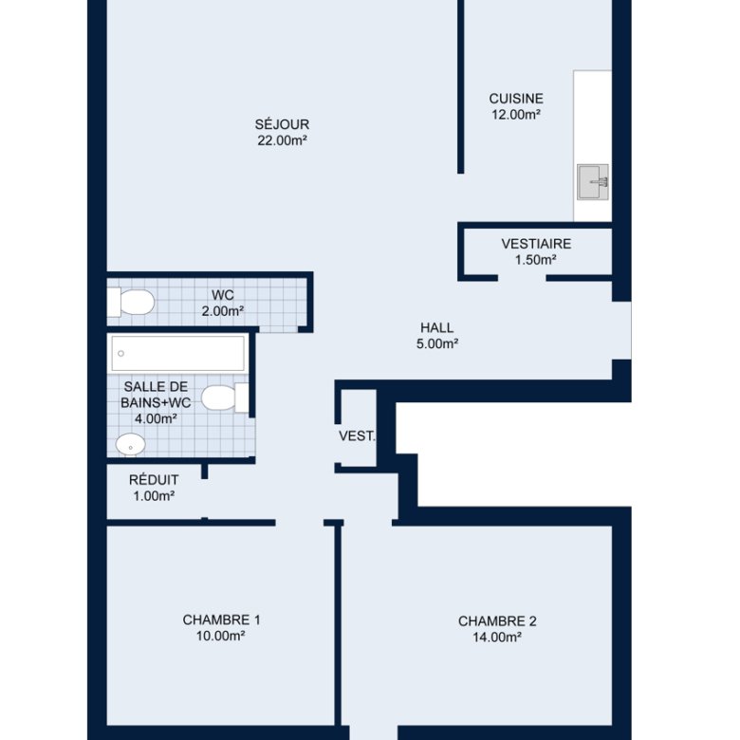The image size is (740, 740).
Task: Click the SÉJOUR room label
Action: tap(282, 124)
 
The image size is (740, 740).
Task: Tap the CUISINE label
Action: tap(516, 99)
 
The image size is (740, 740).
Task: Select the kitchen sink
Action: tap(593, 182)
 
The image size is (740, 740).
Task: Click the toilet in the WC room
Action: tap(131, 302)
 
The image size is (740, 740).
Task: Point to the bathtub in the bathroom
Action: tap(178, 354)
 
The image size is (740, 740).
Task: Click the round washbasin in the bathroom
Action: tap(131, 445)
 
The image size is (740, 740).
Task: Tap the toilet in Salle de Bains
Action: tap(225, 398)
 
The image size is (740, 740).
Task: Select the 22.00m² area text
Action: tap(282, 140)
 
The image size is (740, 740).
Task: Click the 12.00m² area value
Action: tap(516, 115)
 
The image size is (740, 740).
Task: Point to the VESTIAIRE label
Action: tap(536, 244)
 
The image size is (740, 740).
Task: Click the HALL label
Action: tap(437, 327)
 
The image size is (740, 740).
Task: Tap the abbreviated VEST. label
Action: tap(358, 436)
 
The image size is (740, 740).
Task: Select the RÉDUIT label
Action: tap(154, 480)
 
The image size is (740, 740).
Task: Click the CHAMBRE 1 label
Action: tap(221, 620)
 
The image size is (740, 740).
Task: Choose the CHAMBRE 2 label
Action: tap(497, 621)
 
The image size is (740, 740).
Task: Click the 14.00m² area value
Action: tap(497, 638)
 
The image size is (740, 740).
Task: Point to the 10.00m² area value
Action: tap(220, 637)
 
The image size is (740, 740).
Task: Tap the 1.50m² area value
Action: tap(536, 260)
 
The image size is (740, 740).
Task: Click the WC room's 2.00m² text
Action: tap(223, 311)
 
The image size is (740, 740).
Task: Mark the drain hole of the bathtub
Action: tap(120, 354)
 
